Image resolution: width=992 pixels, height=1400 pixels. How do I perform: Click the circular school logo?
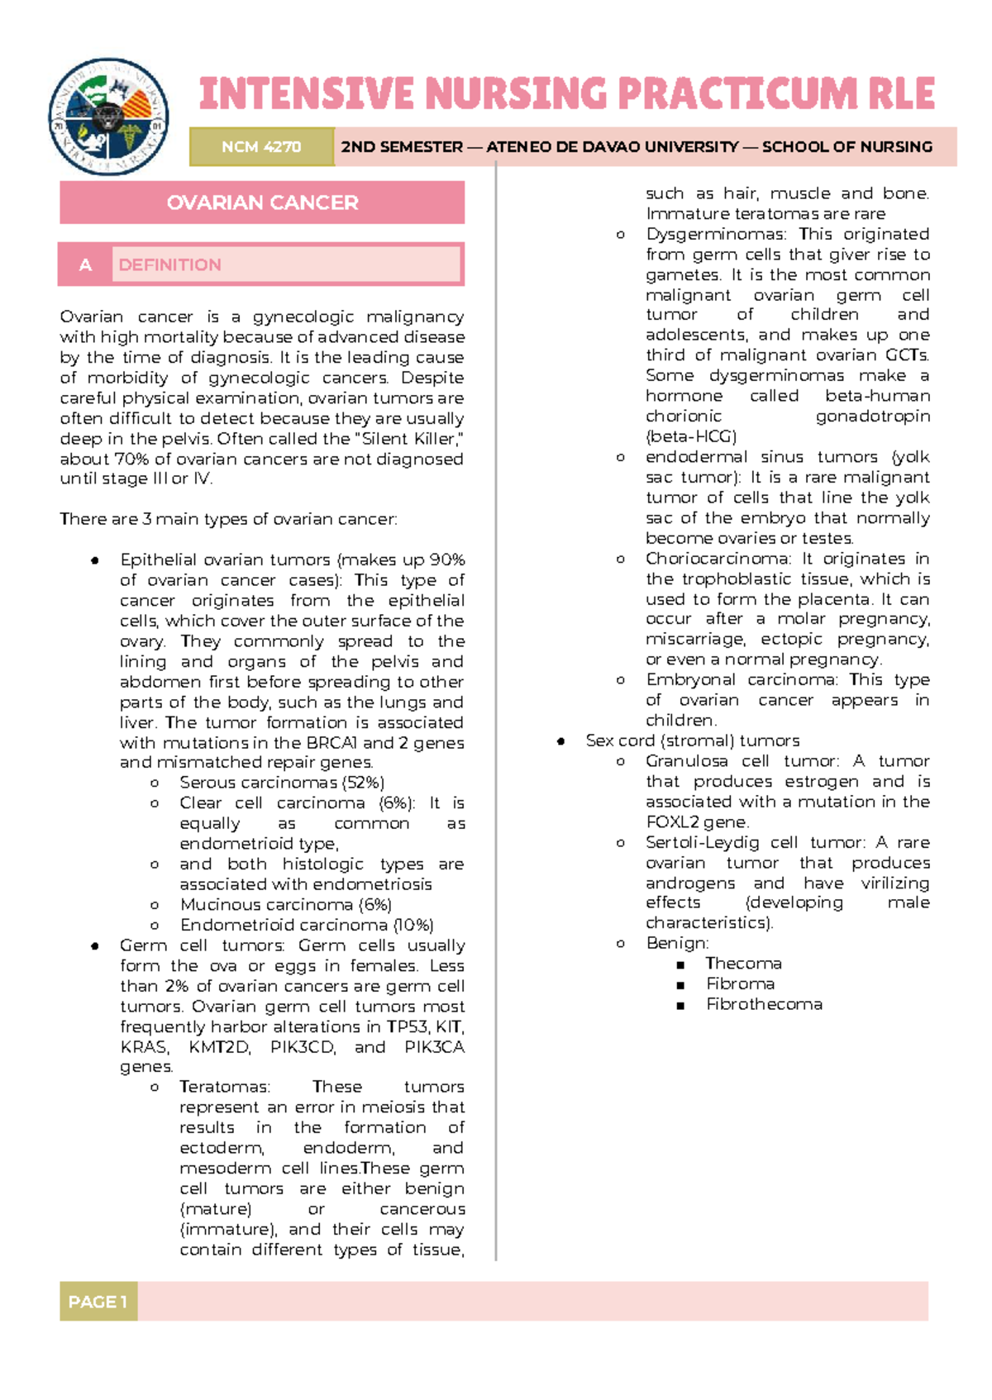coord(108,117)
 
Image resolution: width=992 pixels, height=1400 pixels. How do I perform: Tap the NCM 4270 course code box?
coord(261,147)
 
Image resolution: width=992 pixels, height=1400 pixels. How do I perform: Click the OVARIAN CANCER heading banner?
coord(262,202)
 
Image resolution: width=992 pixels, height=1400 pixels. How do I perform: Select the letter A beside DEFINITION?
coord(85,264)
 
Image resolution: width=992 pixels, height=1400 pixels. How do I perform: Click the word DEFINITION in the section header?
coord(170,264)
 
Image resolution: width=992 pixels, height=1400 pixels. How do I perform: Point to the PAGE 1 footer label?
coord(98,1302)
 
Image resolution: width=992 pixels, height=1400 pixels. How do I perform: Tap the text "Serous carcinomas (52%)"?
coord(282,783)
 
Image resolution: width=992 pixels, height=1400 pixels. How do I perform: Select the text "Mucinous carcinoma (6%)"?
coord(286,905)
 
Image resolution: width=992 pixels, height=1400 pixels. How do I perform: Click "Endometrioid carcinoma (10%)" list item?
coord(307,925)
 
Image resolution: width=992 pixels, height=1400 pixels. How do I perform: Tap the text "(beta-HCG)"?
coord(691,436)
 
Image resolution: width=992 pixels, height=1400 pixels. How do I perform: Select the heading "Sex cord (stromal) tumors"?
coord(692,740)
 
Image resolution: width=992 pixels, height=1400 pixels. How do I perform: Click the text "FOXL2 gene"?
coord(697,822)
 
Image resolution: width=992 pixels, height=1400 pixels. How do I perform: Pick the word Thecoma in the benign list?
coord(743,964)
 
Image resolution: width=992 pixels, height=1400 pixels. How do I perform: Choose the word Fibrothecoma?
coord(764,1004)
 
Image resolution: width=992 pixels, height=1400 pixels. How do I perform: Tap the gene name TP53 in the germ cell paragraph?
coord(407,1026)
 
